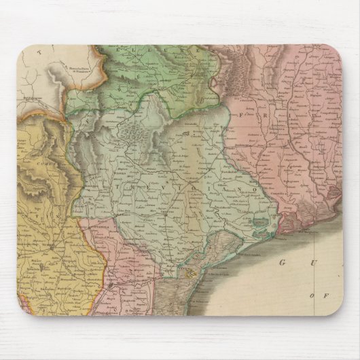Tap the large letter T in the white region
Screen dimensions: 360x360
[40, 51]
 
